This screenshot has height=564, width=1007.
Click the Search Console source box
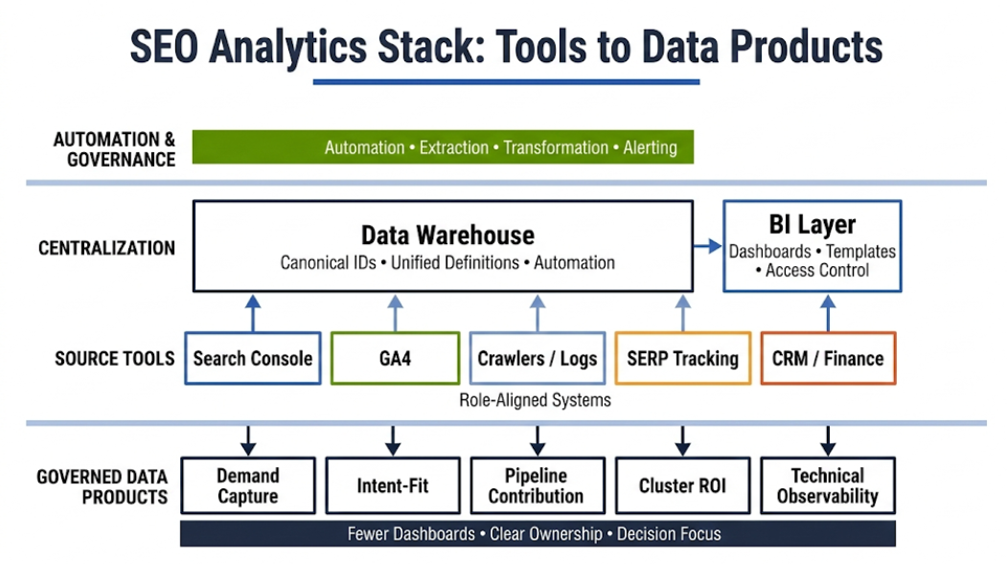(x=252, y=358)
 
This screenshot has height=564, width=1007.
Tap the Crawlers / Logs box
(x=537, y=358)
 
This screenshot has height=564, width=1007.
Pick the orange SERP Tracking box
(x=682, y=358)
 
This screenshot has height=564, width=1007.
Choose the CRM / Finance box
(x=828, y=358)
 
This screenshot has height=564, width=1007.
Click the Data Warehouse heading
(x=447, y=235)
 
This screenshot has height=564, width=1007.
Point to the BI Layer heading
(x=812, y=225)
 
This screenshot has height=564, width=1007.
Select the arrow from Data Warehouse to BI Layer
(x=707, y=246)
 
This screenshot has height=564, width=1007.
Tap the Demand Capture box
(x=247, y=485)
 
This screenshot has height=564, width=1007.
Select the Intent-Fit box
(x=392, y=485)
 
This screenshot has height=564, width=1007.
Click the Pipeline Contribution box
(x=537, y=485)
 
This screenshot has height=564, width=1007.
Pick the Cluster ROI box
(x=682, y=485)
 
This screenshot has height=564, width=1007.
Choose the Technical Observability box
(x=827, y=485)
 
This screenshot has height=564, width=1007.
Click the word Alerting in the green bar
(x=650, y=147)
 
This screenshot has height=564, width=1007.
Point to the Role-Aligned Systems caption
(x=536, y=400)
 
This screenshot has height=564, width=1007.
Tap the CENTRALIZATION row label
(x=106, y=248)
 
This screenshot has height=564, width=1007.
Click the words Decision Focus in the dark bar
(x=669, y=533)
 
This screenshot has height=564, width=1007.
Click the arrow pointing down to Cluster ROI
(x=682, y=440)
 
